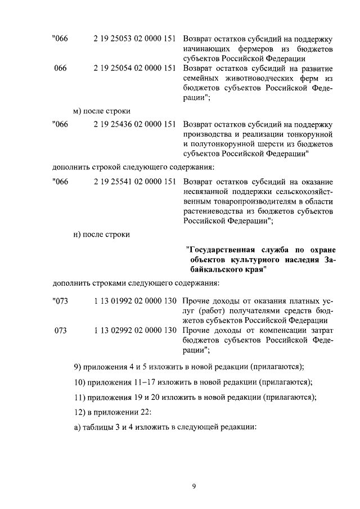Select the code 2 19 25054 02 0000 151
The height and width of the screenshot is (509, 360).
pos(134,68)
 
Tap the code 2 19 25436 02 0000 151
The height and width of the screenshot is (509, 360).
pos(134,124)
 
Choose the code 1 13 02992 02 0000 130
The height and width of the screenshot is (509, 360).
pos(134,330)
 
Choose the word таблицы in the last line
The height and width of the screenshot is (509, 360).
pos(98,426)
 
